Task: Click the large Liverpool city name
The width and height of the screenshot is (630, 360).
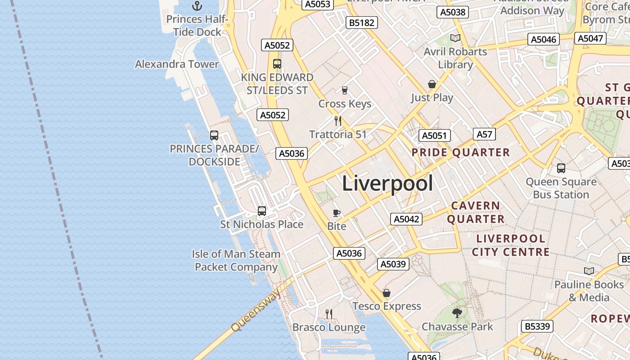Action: click(x=387, y=184)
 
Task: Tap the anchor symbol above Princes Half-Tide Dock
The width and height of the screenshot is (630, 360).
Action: click(x=197, y=6)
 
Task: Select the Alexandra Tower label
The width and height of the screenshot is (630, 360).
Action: click(x=177, y=64)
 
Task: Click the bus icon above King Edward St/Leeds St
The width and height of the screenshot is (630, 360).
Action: click(x=277, y=64)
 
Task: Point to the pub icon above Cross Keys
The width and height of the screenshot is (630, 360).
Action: click(x=345, y=90)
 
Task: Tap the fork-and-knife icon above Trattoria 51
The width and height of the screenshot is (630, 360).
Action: click(x=338, y=121)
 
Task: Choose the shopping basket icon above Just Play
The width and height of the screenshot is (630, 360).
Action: click(x=432, y=84)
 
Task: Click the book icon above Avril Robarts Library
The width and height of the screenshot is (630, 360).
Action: click(x=455, y=38)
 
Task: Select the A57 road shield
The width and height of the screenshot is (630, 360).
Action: click(x=484, y=134)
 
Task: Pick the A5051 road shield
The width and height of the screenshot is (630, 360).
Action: click(x=434, y=135)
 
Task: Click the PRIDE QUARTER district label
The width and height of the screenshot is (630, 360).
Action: click(x=461, y=153)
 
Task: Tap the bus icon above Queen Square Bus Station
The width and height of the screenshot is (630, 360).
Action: click(x=561, y=168)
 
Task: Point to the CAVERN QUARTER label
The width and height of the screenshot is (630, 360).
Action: click(x=476, y=212)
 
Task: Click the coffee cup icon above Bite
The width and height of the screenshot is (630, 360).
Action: click(x=337, y=213)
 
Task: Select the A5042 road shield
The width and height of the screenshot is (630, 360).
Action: click(x=406, y=219)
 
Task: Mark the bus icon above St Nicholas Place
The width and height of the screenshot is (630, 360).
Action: click(x=262, y=211)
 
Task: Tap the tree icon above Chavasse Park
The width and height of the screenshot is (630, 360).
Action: click(x=457, y=313)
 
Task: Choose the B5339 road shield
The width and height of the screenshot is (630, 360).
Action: click(x=537, y=326)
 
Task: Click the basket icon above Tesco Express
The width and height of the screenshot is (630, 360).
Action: click(x=387, y=293)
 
